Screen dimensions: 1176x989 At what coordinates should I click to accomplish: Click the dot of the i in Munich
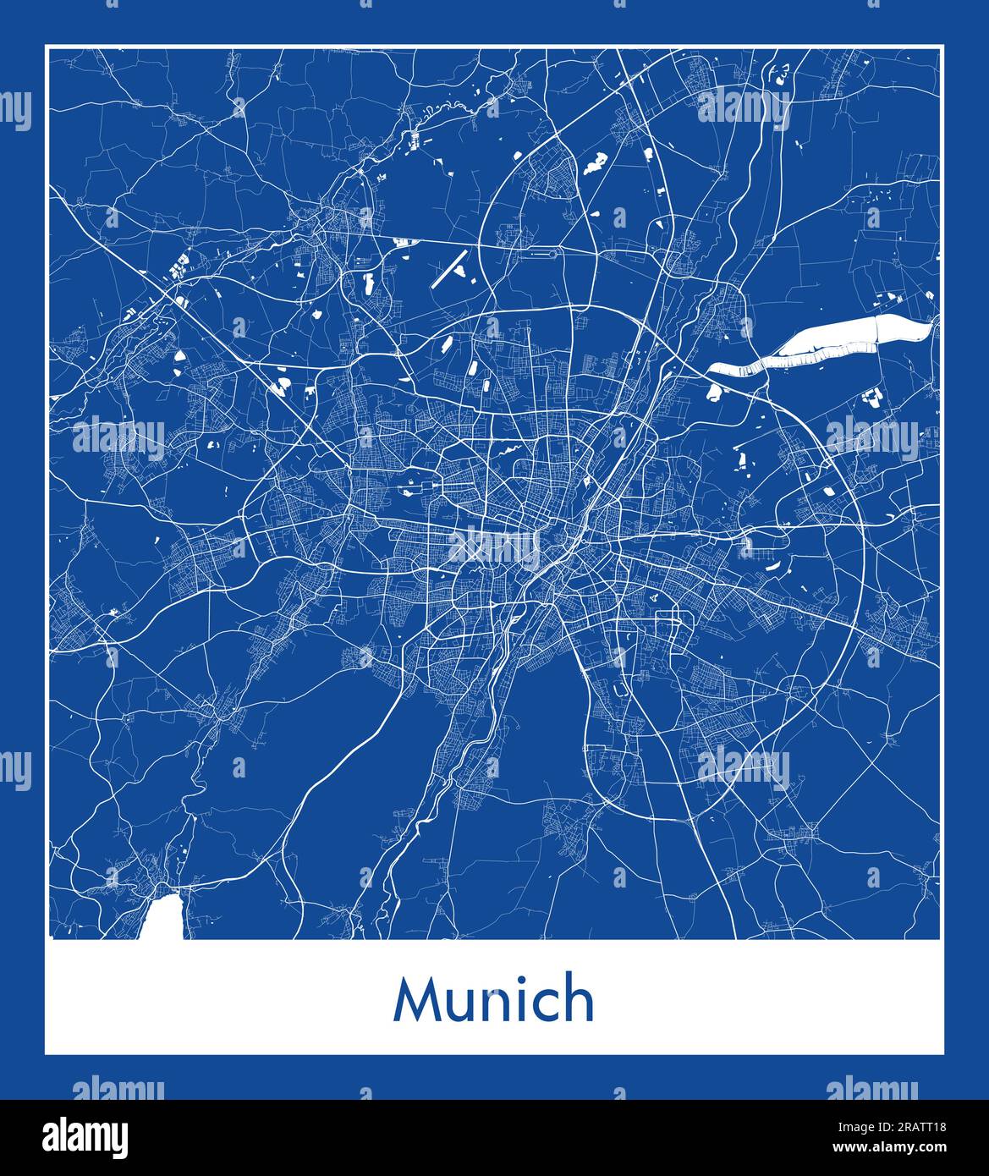(516, 980)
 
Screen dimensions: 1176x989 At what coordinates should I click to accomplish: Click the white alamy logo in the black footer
(85, 1135)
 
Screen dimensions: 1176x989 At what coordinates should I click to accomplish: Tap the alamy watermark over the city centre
(494, 548)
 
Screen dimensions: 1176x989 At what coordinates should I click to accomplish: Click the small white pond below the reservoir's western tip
(712, 392)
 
